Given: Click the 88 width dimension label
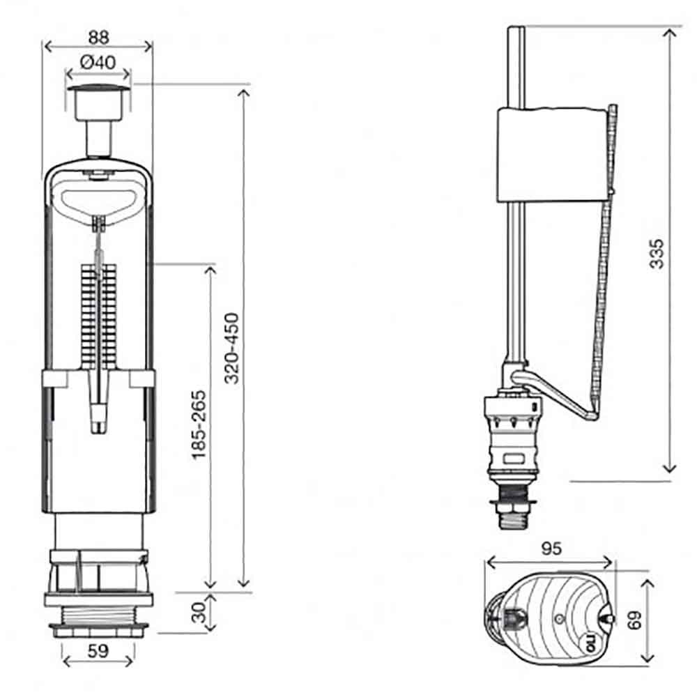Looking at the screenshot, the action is click(x=99, y=38).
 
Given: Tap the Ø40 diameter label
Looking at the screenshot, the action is click(x=98, y=62).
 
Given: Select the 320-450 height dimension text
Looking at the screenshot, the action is click(x=231, y=348).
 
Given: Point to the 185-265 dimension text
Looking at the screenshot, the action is click(x=199, y=425).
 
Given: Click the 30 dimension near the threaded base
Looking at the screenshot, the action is click(x=199, y=613).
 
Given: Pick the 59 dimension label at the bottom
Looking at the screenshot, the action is click(x=98, y=651).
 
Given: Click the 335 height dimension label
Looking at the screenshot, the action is click(x=657, y=254).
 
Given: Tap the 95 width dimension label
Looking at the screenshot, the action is click(x=551, y=549).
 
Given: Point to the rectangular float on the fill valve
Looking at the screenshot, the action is click(x=553, y=155).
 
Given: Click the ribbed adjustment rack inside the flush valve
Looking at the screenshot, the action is click(x=99, y=316).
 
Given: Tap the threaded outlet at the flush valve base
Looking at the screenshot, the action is click(x=98, y=622).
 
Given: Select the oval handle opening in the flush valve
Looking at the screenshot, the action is click(x=99, y=202).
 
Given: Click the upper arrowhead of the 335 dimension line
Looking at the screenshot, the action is click(x=669, y=33).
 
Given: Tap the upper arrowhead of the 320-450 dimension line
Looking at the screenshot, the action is click(x=243, y=93).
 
